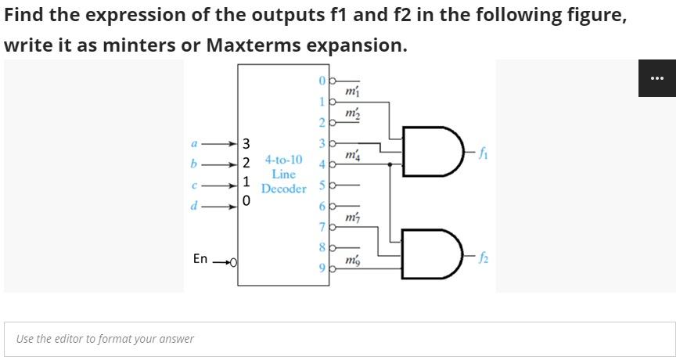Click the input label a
(x=193, y=144)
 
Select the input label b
(x=193, y=164)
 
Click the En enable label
(x=200, y=258)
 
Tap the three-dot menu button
(x=656, y=78)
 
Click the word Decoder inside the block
(x=283, y=189)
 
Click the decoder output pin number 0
(x=321, y=80)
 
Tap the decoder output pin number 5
(x=321, y=186)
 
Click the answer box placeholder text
(x=105, y=339)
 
